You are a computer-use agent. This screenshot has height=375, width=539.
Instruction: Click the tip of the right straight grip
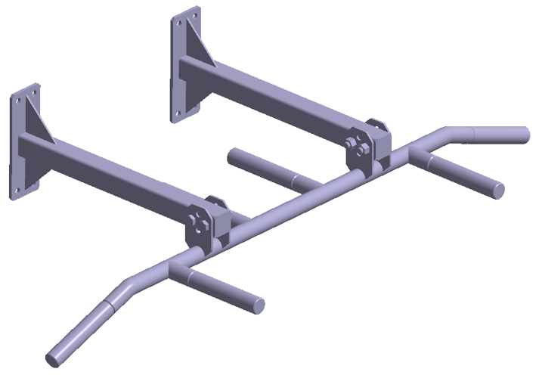coord(497,187)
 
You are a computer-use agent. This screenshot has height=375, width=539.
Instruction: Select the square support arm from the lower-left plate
coord(113,174)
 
